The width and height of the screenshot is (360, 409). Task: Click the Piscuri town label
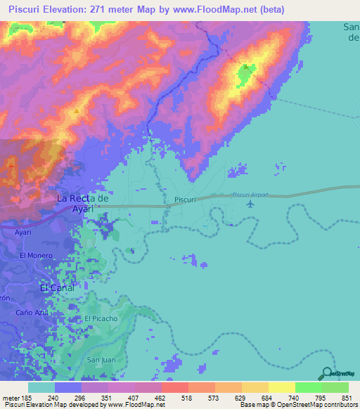point(184,200)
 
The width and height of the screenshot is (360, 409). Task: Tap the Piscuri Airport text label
point(251,194)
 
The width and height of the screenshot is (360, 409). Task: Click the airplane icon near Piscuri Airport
point(251,204)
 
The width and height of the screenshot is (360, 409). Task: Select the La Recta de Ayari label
point(83,204)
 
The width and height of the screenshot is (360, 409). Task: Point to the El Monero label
point(37,255)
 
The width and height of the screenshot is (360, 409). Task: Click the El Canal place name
point(57,287)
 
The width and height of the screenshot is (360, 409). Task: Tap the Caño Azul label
point(33,311)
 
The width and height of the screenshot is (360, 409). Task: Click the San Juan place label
point(101,360)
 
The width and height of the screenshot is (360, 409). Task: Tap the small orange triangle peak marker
point(76,110)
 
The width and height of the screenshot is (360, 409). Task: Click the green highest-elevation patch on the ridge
point(245,73)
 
